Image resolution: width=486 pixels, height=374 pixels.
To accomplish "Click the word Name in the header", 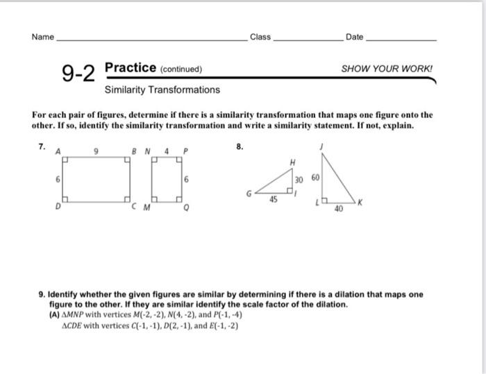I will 42,37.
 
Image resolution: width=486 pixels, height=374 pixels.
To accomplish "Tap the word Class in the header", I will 260,37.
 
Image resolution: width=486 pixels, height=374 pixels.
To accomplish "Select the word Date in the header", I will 354,37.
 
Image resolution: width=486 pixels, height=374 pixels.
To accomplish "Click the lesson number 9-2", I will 78,72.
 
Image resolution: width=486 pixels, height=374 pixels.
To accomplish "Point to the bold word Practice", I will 130,68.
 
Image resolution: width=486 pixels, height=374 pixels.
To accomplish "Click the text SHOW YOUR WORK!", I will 387,69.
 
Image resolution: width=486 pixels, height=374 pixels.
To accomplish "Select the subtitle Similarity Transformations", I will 162,90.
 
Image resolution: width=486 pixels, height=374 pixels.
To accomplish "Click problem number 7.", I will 42,146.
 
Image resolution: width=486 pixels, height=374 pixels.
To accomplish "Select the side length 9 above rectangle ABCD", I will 98,150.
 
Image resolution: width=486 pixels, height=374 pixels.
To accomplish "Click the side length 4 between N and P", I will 167,150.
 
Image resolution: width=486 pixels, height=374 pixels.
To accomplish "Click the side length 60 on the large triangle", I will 317,178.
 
